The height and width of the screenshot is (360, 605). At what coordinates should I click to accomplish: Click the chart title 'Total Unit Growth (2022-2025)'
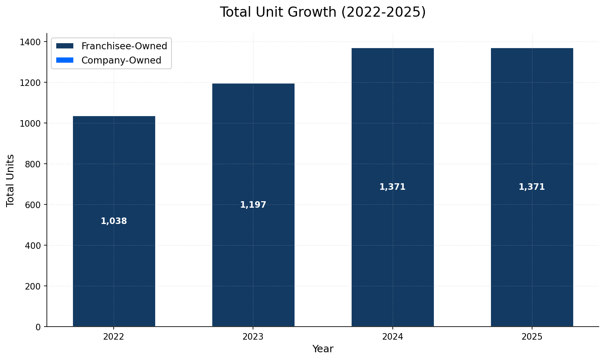click(x=322, y=12)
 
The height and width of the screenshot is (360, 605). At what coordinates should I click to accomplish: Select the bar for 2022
click(x=114, y=265)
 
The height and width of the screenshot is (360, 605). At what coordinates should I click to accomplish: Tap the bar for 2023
click(x=253, y=265)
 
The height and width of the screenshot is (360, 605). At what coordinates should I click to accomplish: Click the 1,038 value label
click(x=114, y=221)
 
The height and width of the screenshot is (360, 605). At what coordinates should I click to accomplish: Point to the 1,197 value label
click(x=253, y=205)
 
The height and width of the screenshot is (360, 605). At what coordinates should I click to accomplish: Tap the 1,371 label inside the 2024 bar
click(x=392, y=187)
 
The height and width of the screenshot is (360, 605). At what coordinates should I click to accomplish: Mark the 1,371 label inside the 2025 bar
click(x=532, y=187)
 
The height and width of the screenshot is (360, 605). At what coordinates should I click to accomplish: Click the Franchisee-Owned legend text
click(x=124, y=46)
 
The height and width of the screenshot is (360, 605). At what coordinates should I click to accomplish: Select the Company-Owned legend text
click(x=121, y=60)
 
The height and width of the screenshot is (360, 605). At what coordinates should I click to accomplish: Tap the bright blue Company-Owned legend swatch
click(x=64, y=60)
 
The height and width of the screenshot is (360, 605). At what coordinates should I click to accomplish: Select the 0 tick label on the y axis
click(x=38, y=327)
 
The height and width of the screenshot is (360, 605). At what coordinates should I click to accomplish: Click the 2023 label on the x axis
click(x=253, y=337)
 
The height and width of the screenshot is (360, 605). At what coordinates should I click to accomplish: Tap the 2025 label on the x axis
click(x=532, y=337)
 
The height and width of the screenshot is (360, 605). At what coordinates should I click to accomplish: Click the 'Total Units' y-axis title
click(x=11, y=180)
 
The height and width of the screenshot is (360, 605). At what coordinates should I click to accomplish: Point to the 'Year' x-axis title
click(x=323, y=349)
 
